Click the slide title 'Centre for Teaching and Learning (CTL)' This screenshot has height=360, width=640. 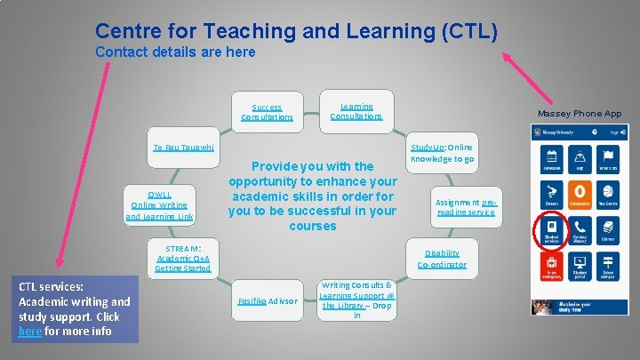pyautogui.click(x=296, y=31)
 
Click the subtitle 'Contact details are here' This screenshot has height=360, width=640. pyautogui.click(x=175, y=52)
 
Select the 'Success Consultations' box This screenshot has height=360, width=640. pyautogui.click(x=267, y=112)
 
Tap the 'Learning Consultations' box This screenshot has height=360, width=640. pyautogui.click(x=356, y=111)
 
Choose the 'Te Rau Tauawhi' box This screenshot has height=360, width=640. pyautogui.click(x=183, y=147)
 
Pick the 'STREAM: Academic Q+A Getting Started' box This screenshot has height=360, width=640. pyautogui.click(x=182, y=258)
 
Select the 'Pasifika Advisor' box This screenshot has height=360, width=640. pyautogui.click(x=267, y=301)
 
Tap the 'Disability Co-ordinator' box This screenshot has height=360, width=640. pyautogui.click(x=442, y=259)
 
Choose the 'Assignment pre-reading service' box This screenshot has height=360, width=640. pyautogui.click(x=466, y=207)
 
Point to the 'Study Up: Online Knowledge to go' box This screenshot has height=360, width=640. pyautogui.click(x=442, y=152)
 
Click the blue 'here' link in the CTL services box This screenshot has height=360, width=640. pyautogui.click(x=28, y=332)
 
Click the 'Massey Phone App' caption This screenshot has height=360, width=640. pyautogui.click(x=580, y=114)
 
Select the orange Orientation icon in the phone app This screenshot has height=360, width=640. pyautogui.click(x=580, y=194)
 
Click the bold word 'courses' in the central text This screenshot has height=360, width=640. pyautogui.click(x=312, y=226)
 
